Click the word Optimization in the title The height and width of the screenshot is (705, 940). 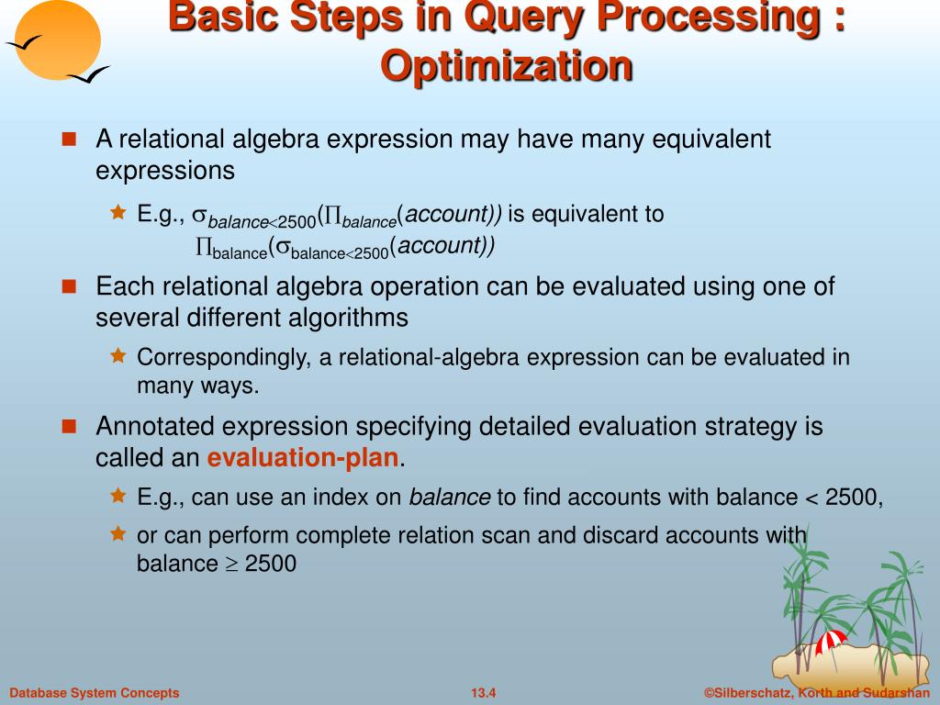click(x=507, y=65)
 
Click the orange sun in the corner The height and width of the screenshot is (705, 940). click(x=58, y=39)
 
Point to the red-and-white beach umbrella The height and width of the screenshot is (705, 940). click(x=831, y=642)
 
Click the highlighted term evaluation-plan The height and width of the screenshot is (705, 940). click(x=303, y=457)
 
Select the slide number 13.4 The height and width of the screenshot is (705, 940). click(x=483, y=693)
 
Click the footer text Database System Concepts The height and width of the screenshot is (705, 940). click(x=95, y=693)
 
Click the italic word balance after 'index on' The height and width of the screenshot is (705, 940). click(x=450, y=497)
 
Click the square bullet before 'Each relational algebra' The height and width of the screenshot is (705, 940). click(x=70, y=286)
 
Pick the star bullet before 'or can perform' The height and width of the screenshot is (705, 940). click(x=118, y=533)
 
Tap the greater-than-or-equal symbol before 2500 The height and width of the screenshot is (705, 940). click(x=231, y=565)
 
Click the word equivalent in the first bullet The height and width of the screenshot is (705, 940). click(x=711, y=140)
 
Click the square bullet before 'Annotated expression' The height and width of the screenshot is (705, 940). click(x=70, y=426)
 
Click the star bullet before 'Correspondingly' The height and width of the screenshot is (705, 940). click(x=118, y=355)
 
